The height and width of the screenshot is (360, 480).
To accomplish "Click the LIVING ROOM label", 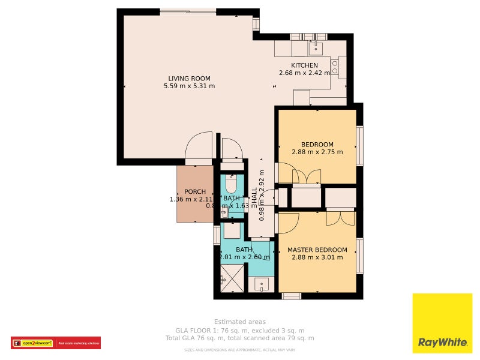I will [189, 79].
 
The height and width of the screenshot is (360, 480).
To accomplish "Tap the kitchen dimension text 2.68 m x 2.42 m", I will [304, 73].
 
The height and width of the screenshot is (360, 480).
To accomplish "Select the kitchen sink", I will [316, 47].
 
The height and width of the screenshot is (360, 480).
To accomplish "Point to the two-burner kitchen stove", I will [335, 67].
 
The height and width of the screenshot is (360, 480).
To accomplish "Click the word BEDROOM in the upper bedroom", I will [317, 145].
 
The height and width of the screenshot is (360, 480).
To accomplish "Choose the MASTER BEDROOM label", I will [317, 250].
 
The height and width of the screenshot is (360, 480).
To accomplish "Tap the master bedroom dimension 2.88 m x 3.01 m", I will [317, 258].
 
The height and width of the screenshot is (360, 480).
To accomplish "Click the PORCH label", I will [195, 192].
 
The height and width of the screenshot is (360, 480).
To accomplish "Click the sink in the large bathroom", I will [262, 283].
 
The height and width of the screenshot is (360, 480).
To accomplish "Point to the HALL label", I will [254, 197].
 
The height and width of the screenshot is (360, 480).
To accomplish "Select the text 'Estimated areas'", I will [239, 322].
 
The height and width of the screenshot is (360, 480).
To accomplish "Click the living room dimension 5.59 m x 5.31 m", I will [189, 86].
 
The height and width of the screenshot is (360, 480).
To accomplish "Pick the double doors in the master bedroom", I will [340, 217].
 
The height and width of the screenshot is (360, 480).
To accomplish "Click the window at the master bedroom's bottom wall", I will [292, 296].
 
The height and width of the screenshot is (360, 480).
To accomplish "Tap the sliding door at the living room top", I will [188, 11].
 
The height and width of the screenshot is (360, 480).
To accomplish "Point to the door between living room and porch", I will [199, 151].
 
